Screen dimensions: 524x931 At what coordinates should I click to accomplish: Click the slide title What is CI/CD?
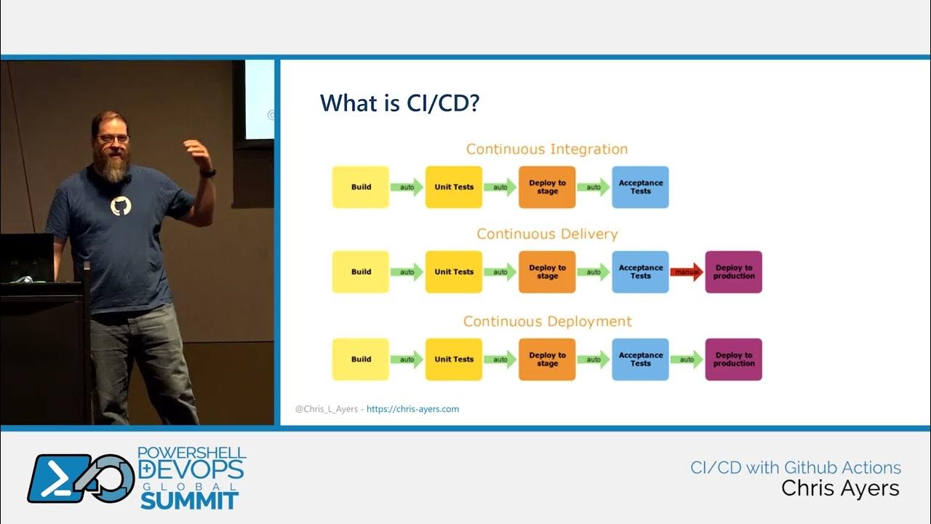[x=399, y=103]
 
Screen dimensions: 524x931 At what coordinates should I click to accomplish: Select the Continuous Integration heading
[x=547, y=149]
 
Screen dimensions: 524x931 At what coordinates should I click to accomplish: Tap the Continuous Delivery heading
[x=547, y=234]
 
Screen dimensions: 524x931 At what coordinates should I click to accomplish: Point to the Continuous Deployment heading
[x=547, y=322]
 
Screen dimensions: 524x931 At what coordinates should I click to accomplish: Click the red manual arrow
[x=687, y=272]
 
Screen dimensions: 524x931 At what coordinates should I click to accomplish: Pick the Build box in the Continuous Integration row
[x=361, y=187]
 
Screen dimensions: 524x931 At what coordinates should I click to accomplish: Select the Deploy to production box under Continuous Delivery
[x=733, y=272]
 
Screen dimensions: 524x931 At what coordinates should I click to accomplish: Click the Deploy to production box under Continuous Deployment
[x=733, y=360]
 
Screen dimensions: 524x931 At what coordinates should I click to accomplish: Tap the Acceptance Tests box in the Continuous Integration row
[x=640, y=187]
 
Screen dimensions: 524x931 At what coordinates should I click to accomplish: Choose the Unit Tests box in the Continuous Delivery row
[x=454, y=272]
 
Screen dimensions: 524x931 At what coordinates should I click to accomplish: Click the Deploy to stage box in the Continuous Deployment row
[x=547, y=360]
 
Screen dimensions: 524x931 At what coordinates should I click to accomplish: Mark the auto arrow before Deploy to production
[x=687, y=360]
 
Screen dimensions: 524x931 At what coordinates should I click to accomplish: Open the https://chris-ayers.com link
[x=412, y=409]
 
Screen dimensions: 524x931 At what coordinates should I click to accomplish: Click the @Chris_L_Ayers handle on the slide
[x=326, y=409]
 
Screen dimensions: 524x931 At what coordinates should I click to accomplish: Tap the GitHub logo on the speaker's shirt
[x=121, y=206]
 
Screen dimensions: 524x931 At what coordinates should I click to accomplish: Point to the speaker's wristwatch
[x=209, y=173]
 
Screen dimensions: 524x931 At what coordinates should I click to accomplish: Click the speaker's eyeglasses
[x=113, y=138]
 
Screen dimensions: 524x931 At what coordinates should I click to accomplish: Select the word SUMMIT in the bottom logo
[x=189, y=500]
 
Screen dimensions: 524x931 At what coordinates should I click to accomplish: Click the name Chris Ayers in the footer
[x=840, y=488]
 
